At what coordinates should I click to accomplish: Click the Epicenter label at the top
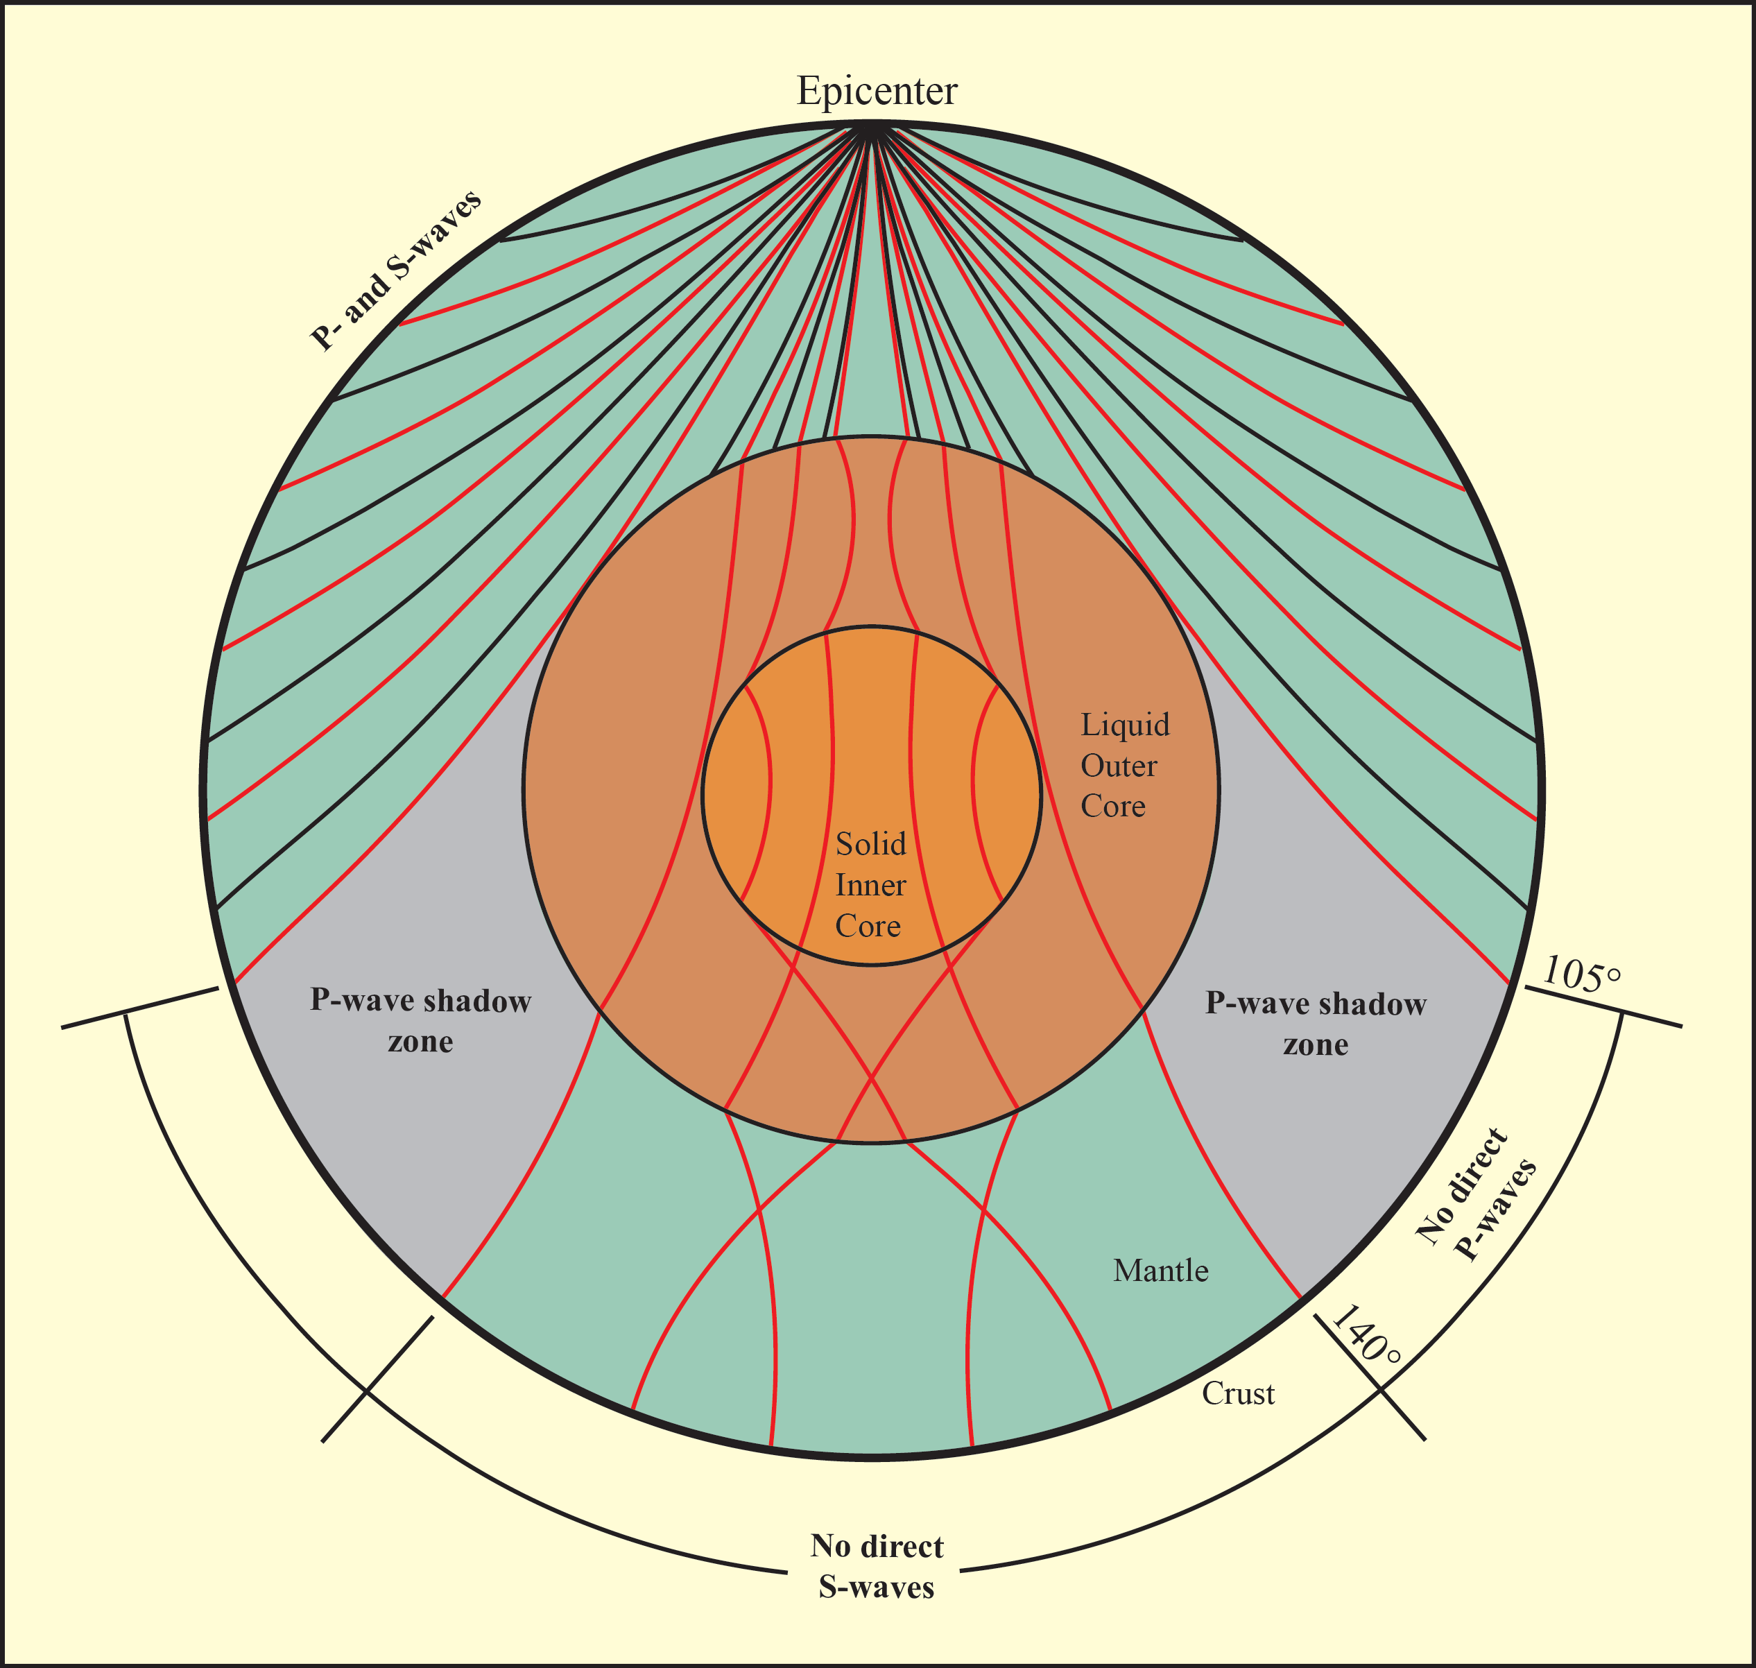pos(877,91)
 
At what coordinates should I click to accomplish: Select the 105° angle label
pos(1581,974)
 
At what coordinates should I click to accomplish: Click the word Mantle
pos(1160,1271)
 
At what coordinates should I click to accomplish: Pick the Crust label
pos(1238,1393)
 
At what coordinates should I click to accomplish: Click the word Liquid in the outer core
pos(1125,725)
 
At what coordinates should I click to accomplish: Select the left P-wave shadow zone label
pos(420,1021)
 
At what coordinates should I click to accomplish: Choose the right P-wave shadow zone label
pos(1316,1024)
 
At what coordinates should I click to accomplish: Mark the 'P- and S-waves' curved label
pos(396,270)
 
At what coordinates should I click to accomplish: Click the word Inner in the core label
pos(870,885)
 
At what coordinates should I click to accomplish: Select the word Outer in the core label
pos(1119,766)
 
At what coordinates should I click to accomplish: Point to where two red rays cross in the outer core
pos(870,1081)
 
